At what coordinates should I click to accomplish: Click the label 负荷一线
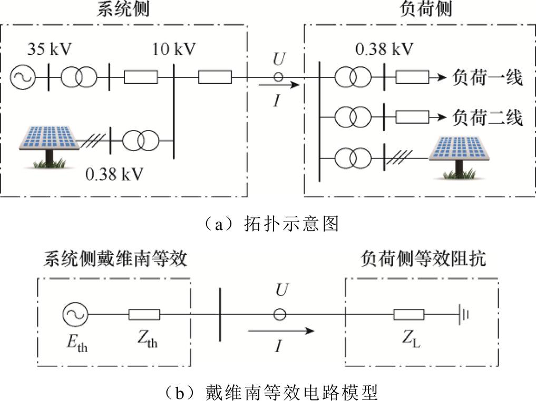[488, 78]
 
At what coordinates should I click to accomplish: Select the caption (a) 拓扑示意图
[267, 224]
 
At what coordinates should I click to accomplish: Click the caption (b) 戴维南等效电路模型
[267, 392]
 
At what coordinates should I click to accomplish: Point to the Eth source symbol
[74, 315]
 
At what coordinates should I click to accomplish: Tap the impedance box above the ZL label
[408, 315]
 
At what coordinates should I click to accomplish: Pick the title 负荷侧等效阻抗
[423, 259]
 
